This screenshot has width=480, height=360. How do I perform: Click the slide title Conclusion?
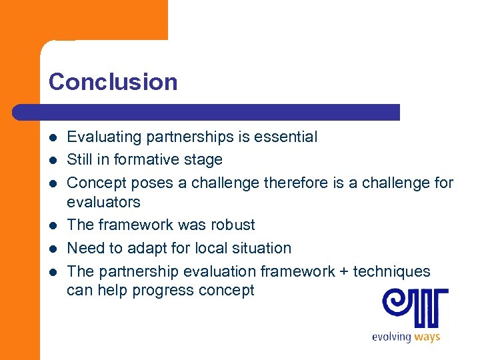(113, 82)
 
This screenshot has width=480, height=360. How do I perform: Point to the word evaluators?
(103, 202)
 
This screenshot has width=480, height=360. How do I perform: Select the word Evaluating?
(105, 137)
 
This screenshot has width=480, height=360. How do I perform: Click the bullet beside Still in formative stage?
(53, 160)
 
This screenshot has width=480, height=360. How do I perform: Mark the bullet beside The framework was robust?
(53, 225)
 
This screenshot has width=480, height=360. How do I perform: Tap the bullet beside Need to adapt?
(53, 248)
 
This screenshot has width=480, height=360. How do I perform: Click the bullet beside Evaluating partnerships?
(53, 137)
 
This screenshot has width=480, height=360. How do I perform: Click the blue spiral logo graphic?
(415, 307)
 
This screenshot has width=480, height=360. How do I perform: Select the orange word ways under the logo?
(427, 337)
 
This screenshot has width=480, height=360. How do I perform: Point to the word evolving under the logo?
(391, 337)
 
